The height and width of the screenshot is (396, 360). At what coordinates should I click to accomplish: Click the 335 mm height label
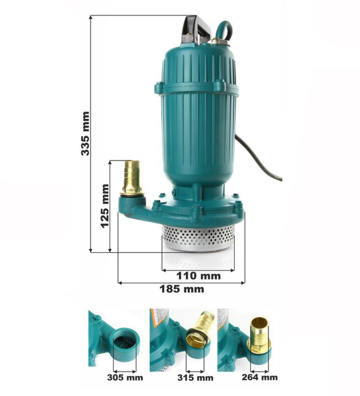point(85,134)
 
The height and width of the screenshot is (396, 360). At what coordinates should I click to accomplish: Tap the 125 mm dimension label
point(105,206)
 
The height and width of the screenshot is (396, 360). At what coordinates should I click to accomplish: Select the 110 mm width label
point(198,276)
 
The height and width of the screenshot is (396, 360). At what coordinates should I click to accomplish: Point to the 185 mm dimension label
point(182,289)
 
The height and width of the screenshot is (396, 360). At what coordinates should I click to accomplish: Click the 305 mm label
point(125,378)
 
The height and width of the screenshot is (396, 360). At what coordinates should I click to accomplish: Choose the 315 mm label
point(195,378)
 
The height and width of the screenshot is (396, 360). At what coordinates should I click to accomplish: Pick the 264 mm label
point(260,377)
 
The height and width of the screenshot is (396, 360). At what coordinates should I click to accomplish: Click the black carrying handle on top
point(196,30)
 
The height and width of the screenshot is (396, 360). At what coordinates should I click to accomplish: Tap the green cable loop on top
point(224,30)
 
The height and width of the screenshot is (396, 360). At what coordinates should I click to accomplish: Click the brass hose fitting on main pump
point(132,178)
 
